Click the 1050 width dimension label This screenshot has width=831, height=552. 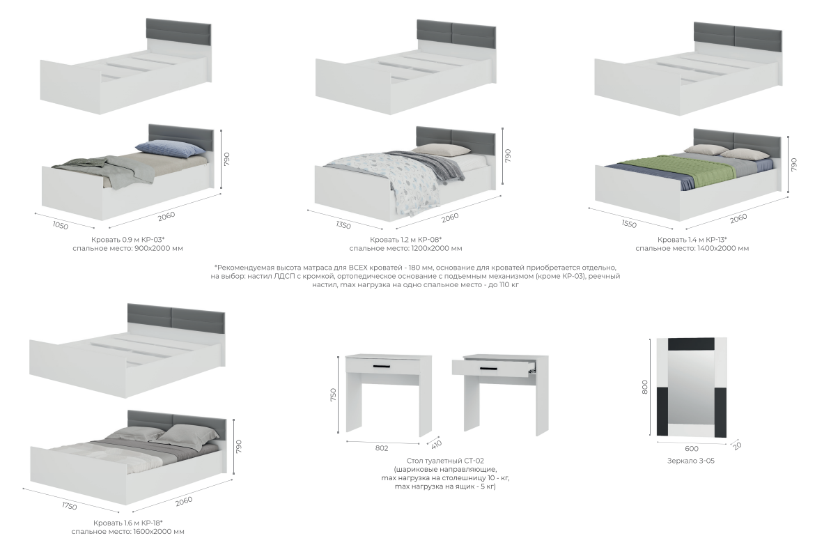click(x=61, y=225)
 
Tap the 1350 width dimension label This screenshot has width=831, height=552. click(x=343, y=225)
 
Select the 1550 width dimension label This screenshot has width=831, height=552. click(x=628, y=224)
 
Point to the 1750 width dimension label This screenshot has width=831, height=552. click(x=70, y=506)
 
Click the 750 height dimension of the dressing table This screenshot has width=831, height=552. click(x=333, y=395)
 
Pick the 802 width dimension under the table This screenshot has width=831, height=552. click(x=382, y=448)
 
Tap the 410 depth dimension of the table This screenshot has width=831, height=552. click(x=437, y=444)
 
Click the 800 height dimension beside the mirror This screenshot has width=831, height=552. click(x=644, y=387)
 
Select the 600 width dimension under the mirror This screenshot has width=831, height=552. click(x=691, y=449)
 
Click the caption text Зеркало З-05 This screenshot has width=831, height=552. click(x=690, y=461)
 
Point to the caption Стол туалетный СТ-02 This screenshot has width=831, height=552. click(x=445, y=461)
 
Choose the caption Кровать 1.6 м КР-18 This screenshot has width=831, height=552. click(x=127, y=523)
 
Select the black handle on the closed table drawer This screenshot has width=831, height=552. click(x=381, y=367)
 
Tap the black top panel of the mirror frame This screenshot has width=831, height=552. click(x=691, y=344)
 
